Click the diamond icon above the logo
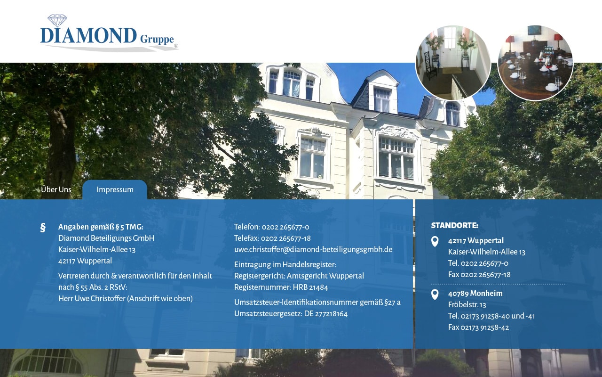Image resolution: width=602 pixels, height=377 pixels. coord(57,20)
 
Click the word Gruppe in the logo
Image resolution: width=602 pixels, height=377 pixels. coord(157,39)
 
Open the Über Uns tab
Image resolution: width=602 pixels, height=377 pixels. coord(56,189)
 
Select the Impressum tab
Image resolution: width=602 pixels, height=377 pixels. coord(115,189)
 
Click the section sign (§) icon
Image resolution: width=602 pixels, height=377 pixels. coord(43,228)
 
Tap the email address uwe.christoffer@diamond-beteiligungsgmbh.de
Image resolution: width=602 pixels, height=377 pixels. coord(313,250)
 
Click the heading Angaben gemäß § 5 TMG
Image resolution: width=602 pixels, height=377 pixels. coord(101,227)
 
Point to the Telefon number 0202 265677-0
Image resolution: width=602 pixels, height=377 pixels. coord(285,227)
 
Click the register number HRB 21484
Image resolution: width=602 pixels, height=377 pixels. coord(310,287)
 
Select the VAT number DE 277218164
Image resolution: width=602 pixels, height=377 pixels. coord(326,314)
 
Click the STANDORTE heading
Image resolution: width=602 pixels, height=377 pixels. coord(454,225)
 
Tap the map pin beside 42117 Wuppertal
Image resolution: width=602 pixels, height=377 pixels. coord(435,242)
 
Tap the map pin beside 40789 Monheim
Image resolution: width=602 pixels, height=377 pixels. coord(435,295)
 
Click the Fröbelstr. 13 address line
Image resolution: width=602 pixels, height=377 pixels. coord(467,305)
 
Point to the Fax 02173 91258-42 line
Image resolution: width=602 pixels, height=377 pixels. coord(479,328)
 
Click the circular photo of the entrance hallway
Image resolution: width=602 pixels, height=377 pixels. coord(453,63)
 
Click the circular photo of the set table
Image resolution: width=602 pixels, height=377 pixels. coord(535,63)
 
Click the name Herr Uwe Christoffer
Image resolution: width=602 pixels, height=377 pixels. coord(92,299)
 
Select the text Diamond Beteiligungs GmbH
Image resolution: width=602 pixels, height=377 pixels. coord(106,238)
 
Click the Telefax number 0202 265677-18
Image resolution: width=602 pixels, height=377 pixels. coord(285,238)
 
